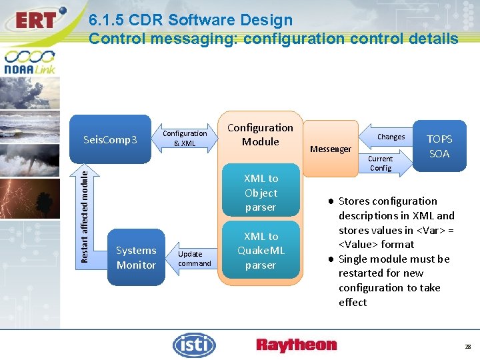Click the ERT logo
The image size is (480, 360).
click(35, 19)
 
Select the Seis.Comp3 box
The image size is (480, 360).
click(111, 139)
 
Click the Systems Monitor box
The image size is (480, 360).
click(136, 257)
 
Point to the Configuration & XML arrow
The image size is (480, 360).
click(185, 138)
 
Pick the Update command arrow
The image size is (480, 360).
click(194, 258)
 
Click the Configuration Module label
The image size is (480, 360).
click(260, 134)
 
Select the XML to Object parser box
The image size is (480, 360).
click(261, 193)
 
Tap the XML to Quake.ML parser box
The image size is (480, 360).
click(261, 251)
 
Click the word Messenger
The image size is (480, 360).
click(331, 149)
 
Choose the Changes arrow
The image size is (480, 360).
click(389, 137)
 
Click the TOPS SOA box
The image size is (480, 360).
click(439, 146)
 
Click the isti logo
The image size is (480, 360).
click(194, 345)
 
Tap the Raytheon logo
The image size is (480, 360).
click(297, 345)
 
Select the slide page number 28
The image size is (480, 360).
click(467, 347)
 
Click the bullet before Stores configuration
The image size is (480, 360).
click(331, 201)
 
